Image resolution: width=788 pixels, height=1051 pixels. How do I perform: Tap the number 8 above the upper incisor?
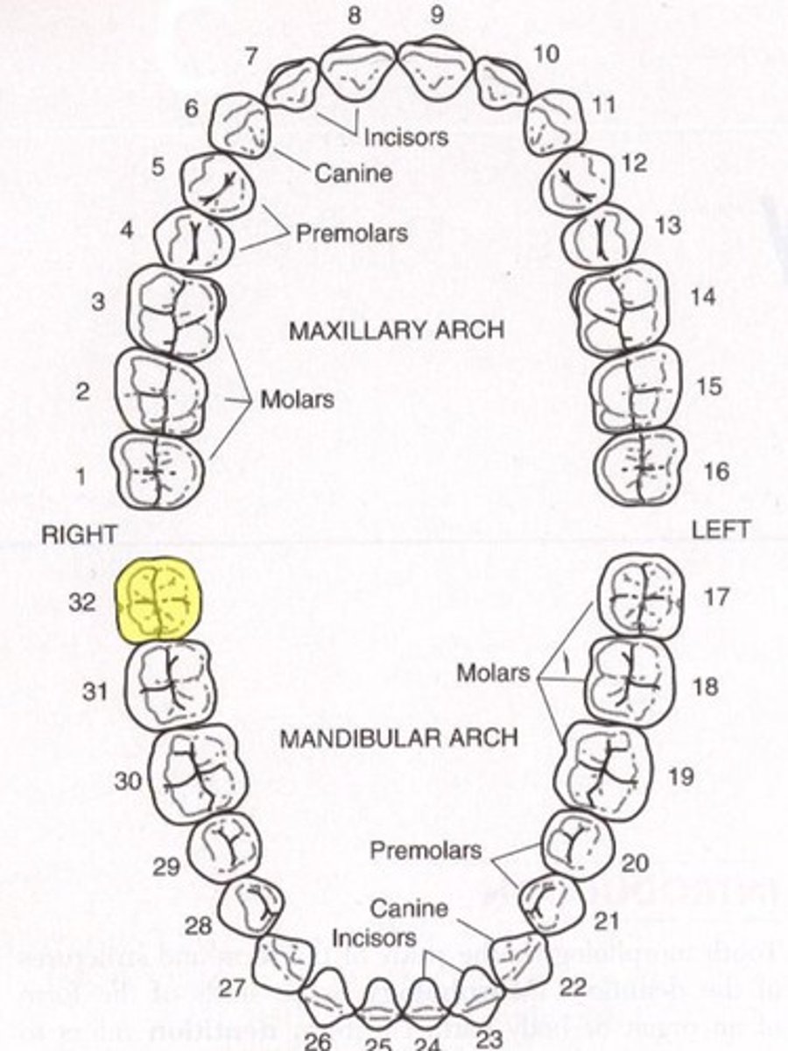354,15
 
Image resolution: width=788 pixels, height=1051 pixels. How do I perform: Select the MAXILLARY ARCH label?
396,330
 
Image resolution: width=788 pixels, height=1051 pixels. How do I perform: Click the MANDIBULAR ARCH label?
398,737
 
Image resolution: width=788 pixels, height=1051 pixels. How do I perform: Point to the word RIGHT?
79,535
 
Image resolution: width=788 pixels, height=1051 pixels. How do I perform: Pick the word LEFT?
721,530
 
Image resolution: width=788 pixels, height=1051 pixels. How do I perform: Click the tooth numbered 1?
158,471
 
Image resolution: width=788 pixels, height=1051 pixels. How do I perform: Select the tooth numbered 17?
641,595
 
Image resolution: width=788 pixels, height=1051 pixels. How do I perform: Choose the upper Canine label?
353,173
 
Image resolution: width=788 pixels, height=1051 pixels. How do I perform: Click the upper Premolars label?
351,234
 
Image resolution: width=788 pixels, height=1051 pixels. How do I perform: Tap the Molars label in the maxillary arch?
298,399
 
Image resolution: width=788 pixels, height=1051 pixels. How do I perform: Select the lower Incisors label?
375,938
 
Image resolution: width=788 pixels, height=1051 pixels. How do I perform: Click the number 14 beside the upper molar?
702,297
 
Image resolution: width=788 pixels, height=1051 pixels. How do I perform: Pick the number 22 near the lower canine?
573,987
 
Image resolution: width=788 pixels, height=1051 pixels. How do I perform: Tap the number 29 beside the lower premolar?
166,867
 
